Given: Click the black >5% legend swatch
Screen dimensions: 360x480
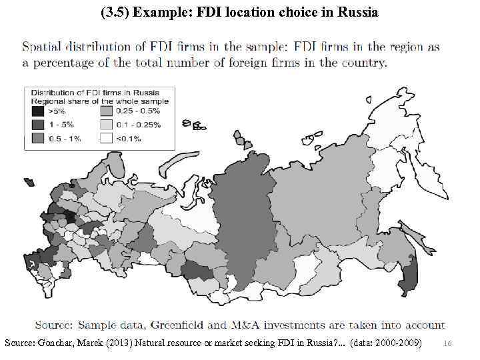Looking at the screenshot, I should point(39,111).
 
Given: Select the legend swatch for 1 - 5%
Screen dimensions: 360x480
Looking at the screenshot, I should point(39,125).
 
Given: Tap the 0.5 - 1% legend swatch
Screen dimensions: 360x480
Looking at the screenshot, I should point(39,138).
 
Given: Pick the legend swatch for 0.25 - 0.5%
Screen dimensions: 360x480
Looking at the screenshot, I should point(106,111).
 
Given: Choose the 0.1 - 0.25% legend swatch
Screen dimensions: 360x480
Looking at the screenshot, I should point(106,125).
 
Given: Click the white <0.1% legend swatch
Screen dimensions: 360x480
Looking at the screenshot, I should point(106,138).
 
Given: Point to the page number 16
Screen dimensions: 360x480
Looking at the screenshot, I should point(447,343).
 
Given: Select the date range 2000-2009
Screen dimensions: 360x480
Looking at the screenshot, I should point(398,342).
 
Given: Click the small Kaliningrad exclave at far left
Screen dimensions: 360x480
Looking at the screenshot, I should point(29,181).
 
